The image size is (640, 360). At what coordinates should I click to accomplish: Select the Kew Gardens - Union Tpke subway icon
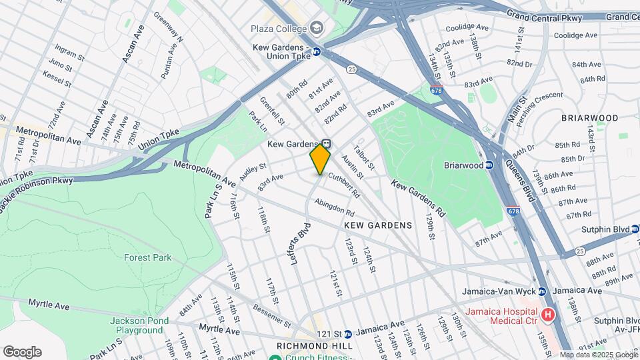point(317,52)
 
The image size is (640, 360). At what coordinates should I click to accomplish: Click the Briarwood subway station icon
point(489,165)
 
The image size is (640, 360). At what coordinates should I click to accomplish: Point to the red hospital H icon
point(548,313)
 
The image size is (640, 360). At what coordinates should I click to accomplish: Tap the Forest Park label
point(147,257)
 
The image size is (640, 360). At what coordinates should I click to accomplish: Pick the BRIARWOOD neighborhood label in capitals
point(589,118)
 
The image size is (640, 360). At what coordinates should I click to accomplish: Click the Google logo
point(22,352)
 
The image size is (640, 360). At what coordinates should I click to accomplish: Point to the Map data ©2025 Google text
point(598,355)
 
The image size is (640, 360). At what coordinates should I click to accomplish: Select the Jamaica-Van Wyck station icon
point(542,291)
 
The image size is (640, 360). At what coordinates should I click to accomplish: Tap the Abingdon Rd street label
point(335,207)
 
